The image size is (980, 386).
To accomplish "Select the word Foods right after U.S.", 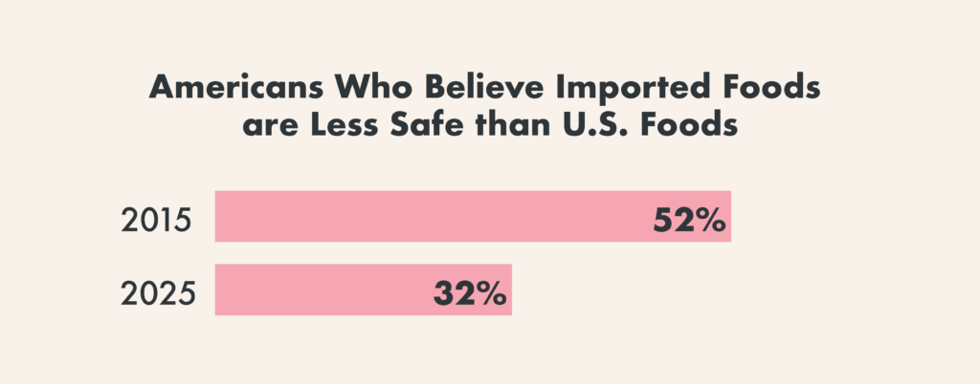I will (x=703, y=128).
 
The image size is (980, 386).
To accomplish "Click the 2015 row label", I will (x=158, y=221).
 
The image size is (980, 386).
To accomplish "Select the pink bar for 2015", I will (x=431, y=217).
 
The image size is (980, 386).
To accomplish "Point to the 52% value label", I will (x=689, y=221).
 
